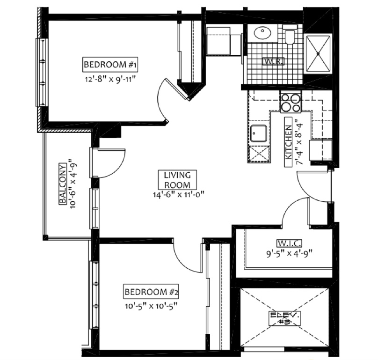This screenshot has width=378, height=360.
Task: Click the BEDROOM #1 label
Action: point(110,65)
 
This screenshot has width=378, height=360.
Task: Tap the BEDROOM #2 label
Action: point(151,292)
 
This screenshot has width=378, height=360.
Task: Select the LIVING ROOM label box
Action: point(177,180)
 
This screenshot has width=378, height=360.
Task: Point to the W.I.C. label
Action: point(289,243)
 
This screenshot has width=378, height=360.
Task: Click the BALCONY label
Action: point(62,184)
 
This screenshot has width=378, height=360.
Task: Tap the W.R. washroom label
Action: point(273,61)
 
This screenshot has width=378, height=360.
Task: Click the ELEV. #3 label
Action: point(285,318)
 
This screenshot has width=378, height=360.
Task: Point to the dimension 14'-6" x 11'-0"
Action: point(178,194)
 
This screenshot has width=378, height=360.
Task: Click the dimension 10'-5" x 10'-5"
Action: point(151,306)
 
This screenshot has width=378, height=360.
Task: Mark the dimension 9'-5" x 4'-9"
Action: point(289,254)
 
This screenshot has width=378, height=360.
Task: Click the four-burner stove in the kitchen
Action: point(291,103)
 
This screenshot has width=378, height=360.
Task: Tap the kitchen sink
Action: point(258,133)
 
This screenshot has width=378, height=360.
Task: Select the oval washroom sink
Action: point(262,33)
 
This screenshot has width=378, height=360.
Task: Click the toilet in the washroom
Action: point(290,36)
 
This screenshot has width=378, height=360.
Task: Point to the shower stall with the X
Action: point(318,53)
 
